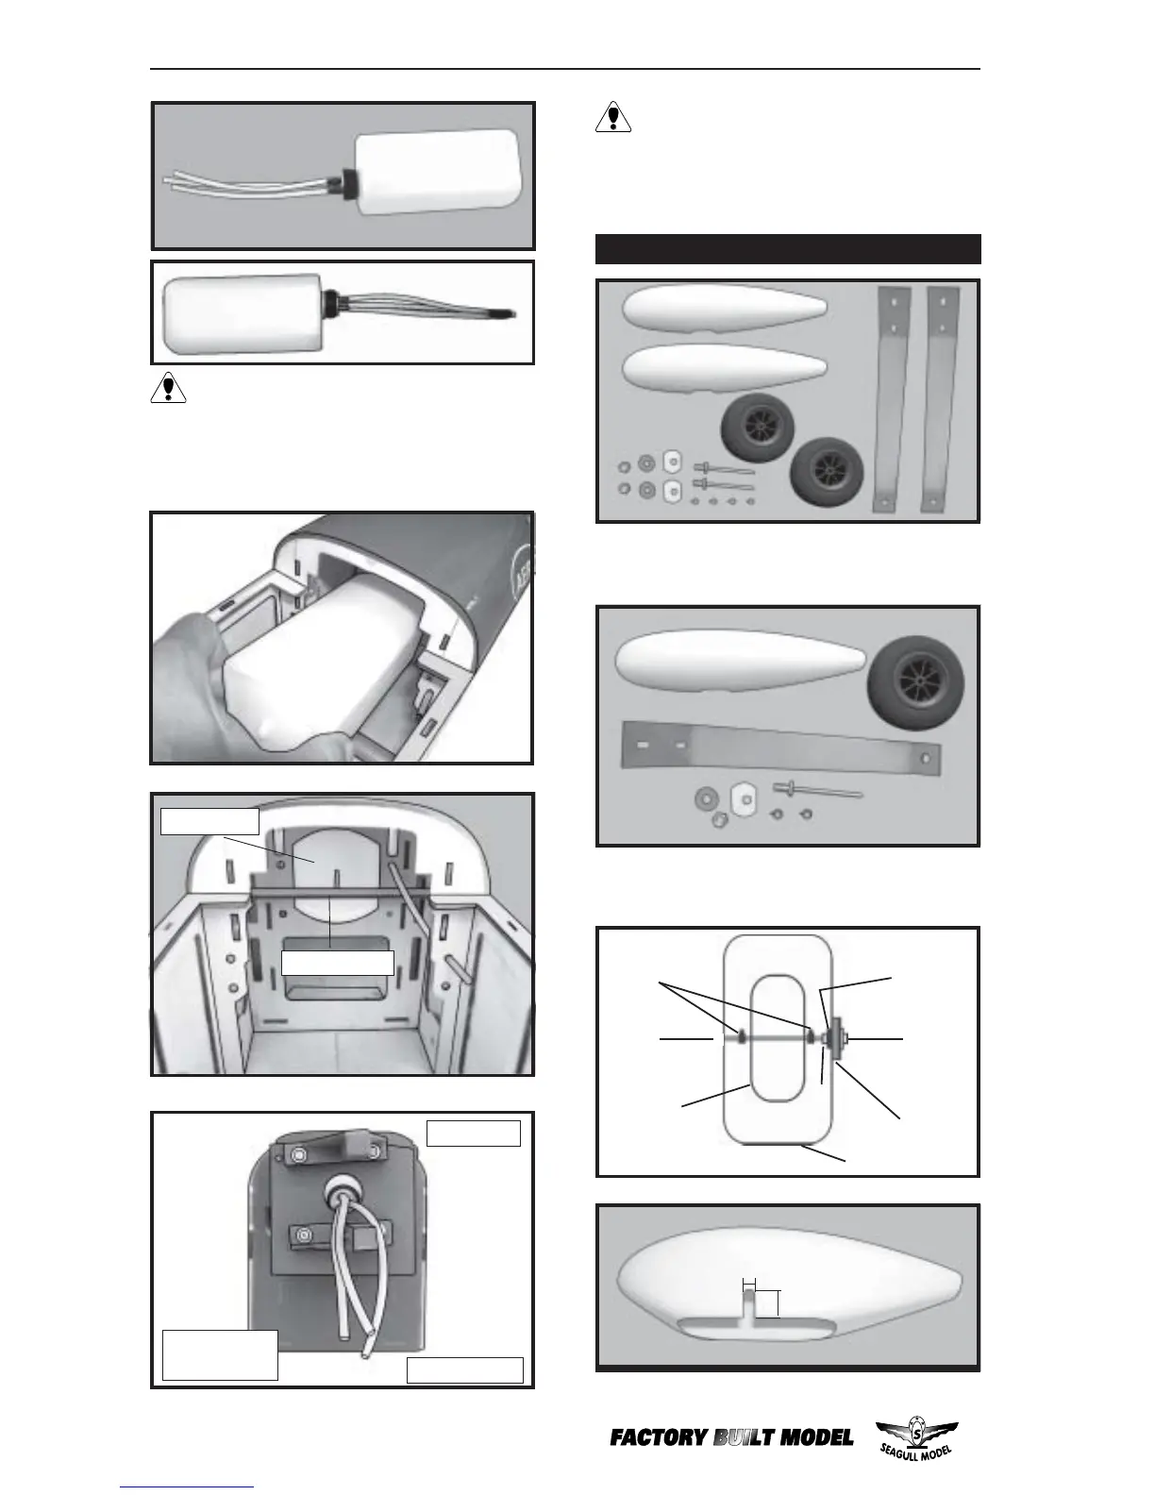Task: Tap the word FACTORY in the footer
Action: pyautogui.click(x=659, y=1438)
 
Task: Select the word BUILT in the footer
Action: pyautogui.click(x=744, y=1438)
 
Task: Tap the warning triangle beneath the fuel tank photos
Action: pyautogui.click(x=169, y=389)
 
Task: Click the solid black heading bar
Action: pyautogui.click(x=788, y=249)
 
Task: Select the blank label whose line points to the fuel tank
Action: pyautogui.click(x=209, y=821)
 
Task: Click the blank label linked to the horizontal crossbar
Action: pyautogui.click(x=337, y=962)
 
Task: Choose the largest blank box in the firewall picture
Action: pyautogui.click(x=220, y=1354)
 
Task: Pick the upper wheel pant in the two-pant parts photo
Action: pyautogui.click(x=725, y=308)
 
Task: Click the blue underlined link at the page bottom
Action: pyautogui.click(x=187, y=1487)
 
